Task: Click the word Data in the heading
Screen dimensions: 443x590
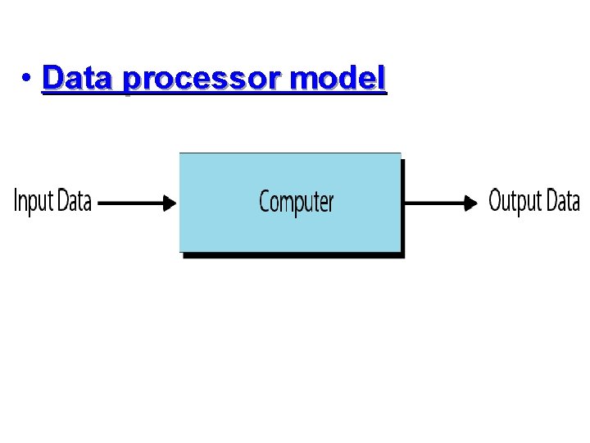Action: (x=79, y=79)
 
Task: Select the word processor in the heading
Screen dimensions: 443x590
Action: (x=204, y=80)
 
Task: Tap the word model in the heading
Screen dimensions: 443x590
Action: (x=338, y=79)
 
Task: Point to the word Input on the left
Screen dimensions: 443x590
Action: (x=34, y=202)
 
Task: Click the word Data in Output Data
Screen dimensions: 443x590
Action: (x=563, y=200)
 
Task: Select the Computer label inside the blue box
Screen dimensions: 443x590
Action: (x=296, y=201)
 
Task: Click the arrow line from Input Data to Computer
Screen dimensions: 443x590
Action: (x=131, y=202)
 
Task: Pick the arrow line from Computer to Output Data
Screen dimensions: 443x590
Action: (x=434, y=202)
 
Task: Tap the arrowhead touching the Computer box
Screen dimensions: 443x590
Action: (x=170, y=202)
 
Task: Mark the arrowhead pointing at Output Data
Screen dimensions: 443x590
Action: (x=471, y=202)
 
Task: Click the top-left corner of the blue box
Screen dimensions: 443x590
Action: (x=180, y=154)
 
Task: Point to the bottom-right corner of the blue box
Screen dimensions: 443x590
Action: (x=400, y=250)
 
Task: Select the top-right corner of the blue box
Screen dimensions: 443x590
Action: (x=400, y=154)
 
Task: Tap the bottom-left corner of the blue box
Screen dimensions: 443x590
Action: (x=180, y=250)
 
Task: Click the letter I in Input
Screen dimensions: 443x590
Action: (x=17, y=201)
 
